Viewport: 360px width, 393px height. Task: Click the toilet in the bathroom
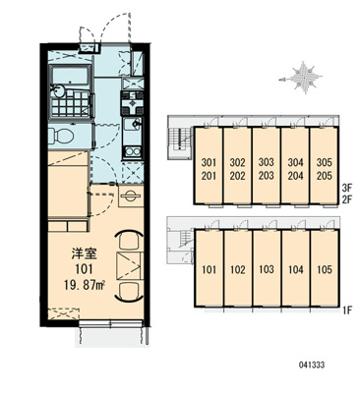(x=60, y=135)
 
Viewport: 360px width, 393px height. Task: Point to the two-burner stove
(x=133, y=152)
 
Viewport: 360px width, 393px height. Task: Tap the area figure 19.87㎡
(x=84, y=285)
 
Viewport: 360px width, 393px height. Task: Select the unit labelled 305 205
(x=324, y=165)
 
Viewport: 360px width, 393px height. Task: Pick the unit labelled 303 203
(x=267, y=165)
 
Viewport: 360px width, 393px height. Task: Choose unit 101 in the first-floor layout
(x=209, y=268)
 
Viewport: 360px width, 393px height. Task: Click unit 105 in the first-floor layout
(x=325, y=268)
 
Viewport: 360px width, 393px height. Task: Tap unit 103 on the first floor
(x=267, y=268)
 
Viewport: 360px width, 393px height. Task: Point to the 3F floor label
(x=346, y=189)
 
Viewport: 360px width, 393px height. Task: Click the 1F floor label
(x=346, y=310)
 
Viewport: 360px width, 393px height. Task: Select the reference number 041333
(x=311, y=365)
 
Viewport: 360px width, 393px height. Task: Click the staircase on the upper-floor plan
(x=180, y=139)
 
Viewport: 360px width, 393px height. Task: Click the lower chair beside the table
(x=129, y=291)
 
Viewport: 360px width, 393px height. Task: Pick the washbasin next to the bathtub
(x=58, y=91)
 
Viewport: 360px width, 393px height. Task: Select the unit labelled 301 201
(x=209, y=165)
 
